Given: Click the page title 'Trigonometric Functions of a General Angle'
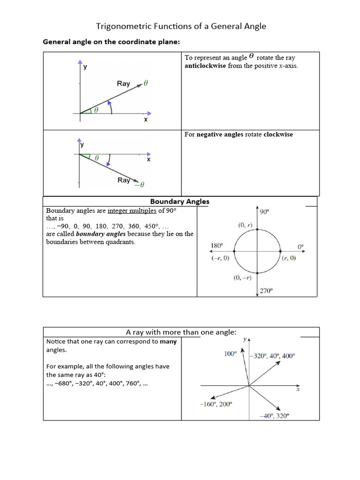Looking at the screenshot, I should pyautogui.click(x=181, y=26).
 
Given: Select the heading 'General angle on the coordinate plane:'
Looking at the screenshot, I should pyautogui.click(x=112, y=42).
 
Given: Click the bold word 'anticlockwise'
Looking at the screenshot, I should pyautogui.click(x=205, y=66).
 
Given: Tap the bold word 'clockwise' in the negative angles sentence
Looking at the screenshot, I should pyautogui.click(x=278, y=135).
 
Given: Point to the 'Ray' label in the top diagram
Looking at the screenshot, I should pyautogui.click(x=123, y=83).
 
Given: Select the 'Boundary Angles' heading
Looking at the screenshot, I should pyautogui.click(x=180, y=202).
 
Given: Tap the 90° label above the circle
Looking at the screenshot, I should pyautogui.click(x=265, y=212).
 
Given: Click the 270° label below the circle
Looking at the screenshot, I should pyautogui.click(x=266, y=291).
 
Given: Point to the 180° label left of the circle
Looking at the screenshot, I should pyautogui.click(x=217, y=245).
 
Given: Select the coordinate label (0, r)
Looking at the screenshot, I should pyautogui.click(x=245, y=225).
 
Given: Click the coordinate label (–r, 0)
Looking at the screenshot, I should pyautogui.click(x=219, y=258).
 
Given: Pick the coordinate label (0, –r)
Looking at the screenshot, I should pyautogui.click(x=243, y=278).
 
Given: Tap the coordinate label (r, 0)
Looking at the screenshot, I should pyautogui.click(x=288, y=258).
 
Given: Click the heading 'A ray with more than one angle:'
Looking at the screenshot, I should pyautogui.click(x=181, y=332).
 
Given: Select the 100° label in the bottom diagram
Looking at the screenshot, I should pyautogui.click(x=230, y=354).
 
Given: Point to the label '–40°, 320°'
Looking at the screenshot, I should pyautogui.click(x=274, y=416).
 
